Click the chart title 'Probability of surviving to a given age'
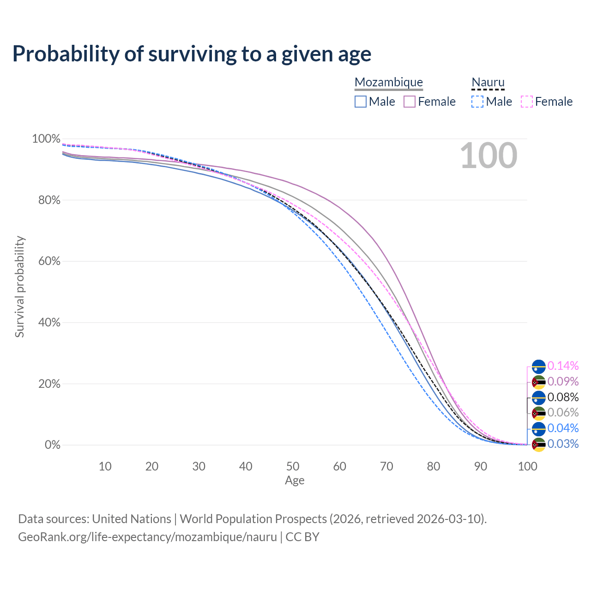pyautogui.click(x=192, y=54)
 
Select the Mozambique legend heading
pyautogui.click(x=389, y=82)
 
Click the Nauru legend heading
pyautogui.click(x=488, y=82)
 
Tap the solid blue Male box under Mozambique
pyautogui.click(x=360, y=102)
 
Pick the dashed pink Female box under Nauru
pyautogui.click(x=527, y=102)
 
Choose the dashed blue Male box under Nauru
pyautogui.click(x=477, y=102)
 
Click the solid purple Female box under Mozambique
pyautogui.click(x=410, y=102)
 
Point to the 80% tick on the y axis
pyautogui.click(x=49, y=200)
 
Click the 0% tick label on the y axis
pyautogui.click(x=53, y=445)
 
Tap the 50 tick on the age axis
pyautogui.click(x=293, y=466)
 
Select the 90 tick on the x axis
pyautogui.click(x=481, y=466)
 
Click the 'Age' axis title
pyautogui.click(x=295, y=480)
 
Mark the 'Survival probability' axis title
pyautogui.click(x=20, y=287)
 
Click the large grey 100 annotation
pyautogui.click(x=488, y=156)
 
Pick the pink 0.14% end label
pyautogui.click(x=563, y=366)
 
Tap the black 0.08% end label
pyautogui.click(x=563, y=397)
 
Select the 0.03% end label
pyautogui.click(x=563, y=444)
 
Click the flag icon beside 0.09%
pyautogui.click(x=538, y=382)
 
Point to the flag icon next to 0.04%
pyautogui.click(x=538, y=429)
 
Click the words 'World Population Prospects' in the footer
pyautogui.click(x=253, y=519)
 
